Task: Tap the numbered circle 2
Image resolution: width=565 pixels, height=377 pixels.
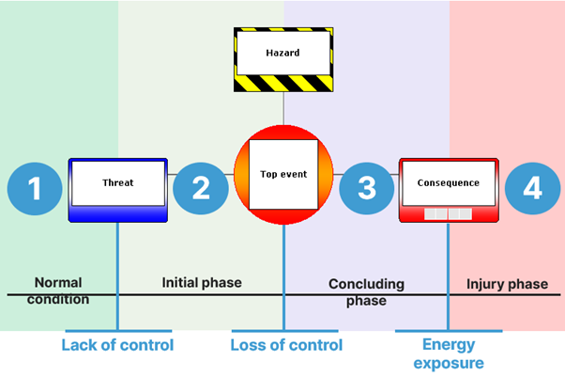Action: pos(201,189)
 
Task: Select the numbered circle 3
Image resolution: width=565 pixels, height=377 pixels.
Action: pos(367,189)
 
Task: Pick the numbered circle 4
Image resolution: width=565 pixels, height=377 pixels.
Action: pos(532,189)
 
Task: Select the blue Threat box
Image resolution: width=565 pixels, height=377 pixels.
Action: pos(118,189)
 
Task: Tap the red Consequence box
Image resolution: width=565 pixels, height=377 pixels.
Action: pos(449,189)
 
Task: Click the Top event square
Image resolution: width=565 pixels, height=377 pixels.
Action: pos(283,175)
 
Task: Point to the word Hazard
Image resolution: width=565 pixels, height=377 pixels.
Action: pos(283,53)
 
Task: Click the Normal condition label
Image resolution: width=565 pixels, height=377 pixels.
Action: pos(58,291)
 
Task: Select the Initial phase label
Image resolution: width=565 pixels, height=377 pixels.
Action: pos(202,282)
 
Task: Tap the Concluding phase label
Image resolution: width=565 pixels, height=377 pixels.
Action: pos(366,291)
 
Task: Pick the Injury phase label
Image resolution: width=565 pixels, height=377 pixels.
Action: pos(508,284)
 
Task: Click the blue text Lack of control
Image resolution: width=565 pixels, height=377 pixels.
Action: pos(118,345)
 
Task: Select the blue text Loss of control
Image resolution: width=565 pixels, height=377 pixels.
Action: pos(286,345)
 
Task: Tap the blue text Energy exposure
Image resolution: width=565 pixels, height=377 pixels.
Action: pos(454,353)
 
